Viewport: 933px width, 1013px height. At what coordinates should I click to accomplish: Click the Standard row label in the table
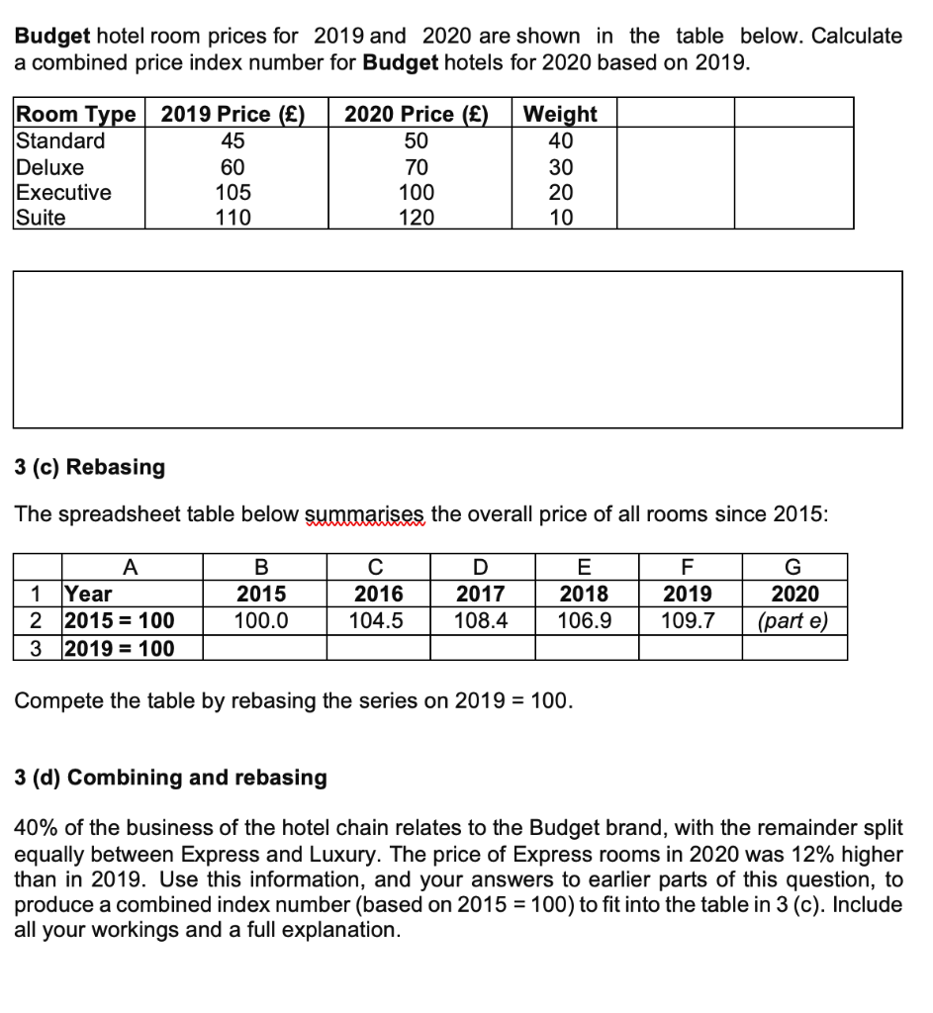pyautogui.click(x=59, y=140)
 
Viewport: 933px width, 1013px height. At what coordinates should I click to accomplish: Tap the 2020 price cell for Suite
pyautogui.click(x=416, y=218)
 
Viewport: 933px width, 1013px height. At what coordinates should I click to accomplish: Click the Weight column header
pyautogui.click(x=560, y=114)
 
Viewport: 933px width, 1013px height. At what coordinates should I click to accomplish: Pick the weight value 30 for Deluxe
pyautogui.click(x=561, y=167)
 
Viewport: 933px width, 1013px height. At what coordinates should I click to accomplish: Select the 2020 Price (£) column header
pyautogui.click(x=416, y=114)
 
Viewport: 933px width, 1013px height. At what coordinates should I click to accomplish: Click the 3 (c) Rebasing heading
pyautogui.click(x=90, y=467)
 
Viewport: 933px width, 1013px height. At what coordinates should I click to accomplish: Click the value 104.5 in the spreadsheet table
pyautogui.click(x=378, y=620)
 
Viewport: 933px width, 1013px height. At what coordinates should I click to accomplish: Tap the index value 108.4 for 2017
pyautogui.click(x=481, y=620)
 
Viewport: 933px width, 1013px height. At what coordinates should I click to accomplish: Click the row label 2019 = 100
pyautogui.click(x=119, y=648)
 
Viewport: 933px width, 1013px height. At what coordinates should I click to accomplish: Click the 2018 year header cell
pyautogui.click(x=586, y=594)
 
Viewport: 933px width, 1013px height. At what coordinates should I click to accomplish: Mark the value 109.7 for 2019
pyautogui.click(x=688, y=620)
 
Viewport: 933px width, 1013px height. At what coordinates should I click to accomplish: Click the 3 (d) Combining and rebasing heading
pyautogui.click(x=170, y=778)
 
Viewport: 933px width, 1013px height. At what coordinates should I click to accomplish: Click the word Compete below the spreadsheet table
pyautogui.click(x=58, y=701)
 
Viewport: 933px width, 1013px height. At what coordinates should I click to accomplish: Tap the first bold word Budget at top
pyautogui.click(x=52, y=37)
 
